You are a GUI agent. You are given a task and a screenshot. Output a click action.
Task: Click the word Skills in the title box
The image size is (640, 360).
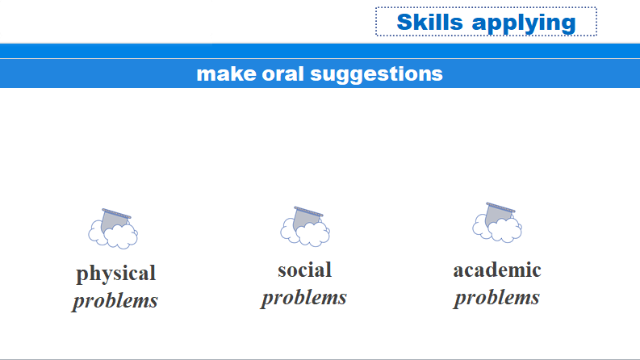(x=430, y=22)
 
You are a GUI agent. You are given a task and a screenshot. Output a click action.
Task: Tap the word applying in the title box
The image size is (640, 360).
(x=524, y=23)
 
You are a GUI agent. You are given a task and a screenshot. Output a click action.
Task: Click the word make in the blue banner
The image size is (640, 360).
(x=226, y=74)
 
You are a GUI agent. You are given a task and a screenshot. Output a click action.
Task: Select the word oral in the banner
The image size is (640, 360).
(x=282, y=74)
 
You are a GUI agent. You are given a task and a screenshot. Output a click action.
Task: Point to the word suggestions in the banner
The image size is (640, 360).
(x=376, y=75)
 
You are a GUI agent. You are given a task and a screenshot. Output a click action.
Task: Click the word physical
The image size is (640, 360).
(x=116, y=274)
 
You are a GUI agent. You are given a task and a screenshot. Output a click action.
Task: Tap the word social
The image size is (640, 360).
(x=304, y=270)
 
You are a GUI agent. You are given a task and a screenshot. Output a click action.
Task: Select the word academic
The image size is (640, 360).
(x=497, y=270)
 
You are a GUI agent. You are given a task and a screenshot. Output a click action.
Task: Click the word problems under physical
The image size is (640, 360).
(x=115, y=301)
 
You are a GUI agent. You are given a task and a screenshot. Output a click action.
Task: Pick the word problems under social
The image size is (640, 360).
(x=304, y=298)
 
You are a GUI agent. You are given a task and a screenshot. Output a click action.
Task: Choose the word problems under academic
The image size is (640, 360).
(x=496, y=298)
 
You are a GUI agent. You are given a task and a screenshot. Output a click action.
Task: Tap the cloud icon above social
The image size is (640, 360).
(x=305, y=227)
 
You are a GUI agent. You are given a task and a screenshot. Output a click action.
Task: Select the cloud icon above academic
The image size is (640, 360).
(x=497, y=223)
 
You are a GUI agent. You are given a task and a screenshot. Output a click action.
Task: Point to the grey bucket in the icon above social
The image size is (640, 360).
(x=306, y=218)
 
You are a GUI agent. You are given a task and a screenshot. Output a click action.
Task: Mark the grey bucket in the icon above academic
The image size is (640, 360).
(x=499, y=214)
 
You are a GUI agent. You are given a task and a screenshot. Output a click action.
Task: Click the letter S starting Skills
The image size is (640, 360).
(x=405, y=22)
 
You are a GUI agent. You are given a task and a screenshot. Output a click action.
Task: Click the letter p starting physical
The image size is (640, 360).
(x=82, y=276)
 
